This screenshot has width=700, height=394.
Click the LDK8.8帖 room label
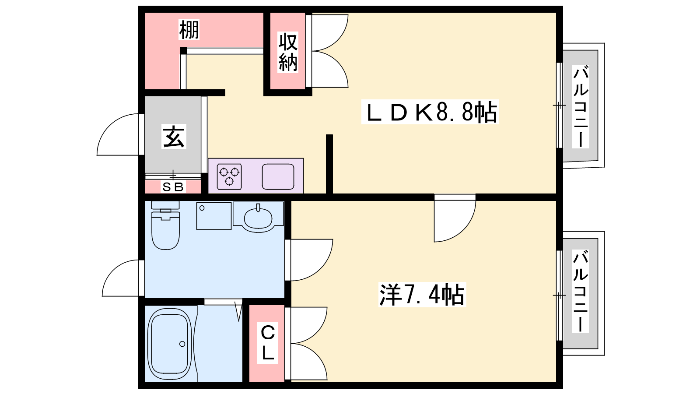click(430, 112)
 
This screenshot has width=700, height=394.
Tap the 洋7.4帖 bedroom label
click(422, 295)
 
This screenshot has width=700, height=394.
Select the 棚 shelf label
click(189, 30)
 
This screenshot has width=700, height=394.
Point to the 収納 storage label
click(288, 52)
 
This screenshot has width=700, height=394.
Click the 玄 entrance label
click(174, 136)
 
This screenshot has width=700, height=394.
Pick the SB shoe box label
click(173, 187)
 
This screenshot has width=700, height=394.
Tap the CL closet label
click(267, 342)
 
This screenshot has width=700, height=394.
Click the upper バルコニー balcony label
click(581, 106)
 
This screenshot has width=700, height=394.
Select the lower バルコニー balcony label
click(581, 291)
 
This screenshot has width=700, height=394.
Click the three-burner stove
click(229, 177)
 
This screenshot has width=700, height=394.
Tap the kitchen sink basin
click(278, 177)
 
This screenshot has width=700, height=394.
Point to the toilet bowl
click(165, 230)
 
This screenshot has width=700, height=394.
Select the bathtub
click(170, 344)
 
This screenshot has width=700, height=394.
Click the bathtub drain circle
click(182, 344)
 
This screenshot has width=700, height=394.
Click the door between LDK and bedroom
click(455, 218)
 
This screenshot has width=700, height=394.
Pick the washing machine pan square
click(214, 216)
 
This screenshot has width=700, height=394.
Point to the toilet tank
click(165, 205)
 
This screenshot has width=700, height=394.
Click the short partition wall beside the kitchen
click(329, 164)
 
